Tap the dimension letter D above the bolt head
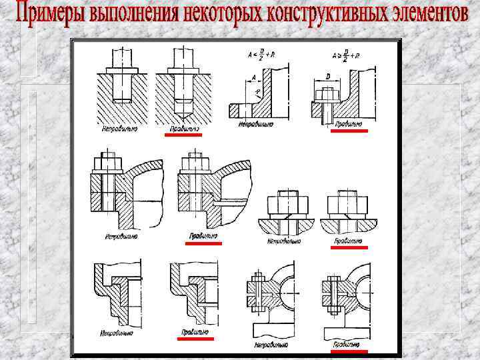click(327, 78)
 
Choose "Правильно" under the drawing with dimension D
click(348, 123)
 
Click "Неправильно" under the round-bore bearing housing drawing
click(271, 345)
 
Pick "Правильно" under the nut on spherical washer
click(347, 240)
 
